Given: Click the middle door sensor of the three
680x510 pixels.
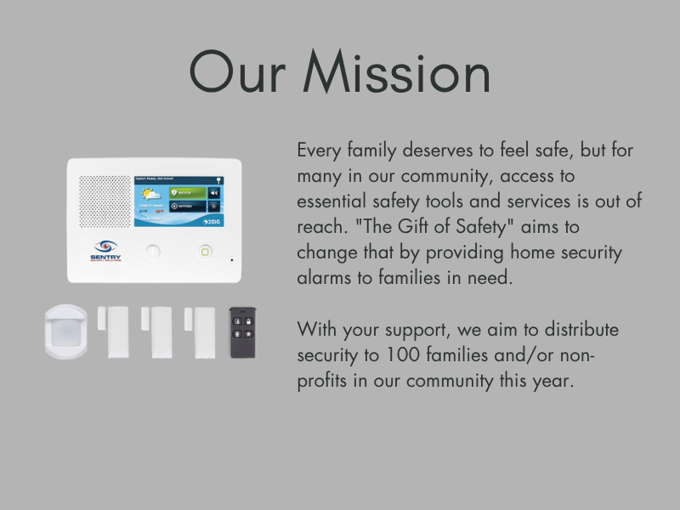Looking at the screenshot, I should (157, 330).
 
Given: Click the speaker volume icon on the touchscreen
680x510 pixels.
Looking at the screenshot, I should (213, 193).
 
